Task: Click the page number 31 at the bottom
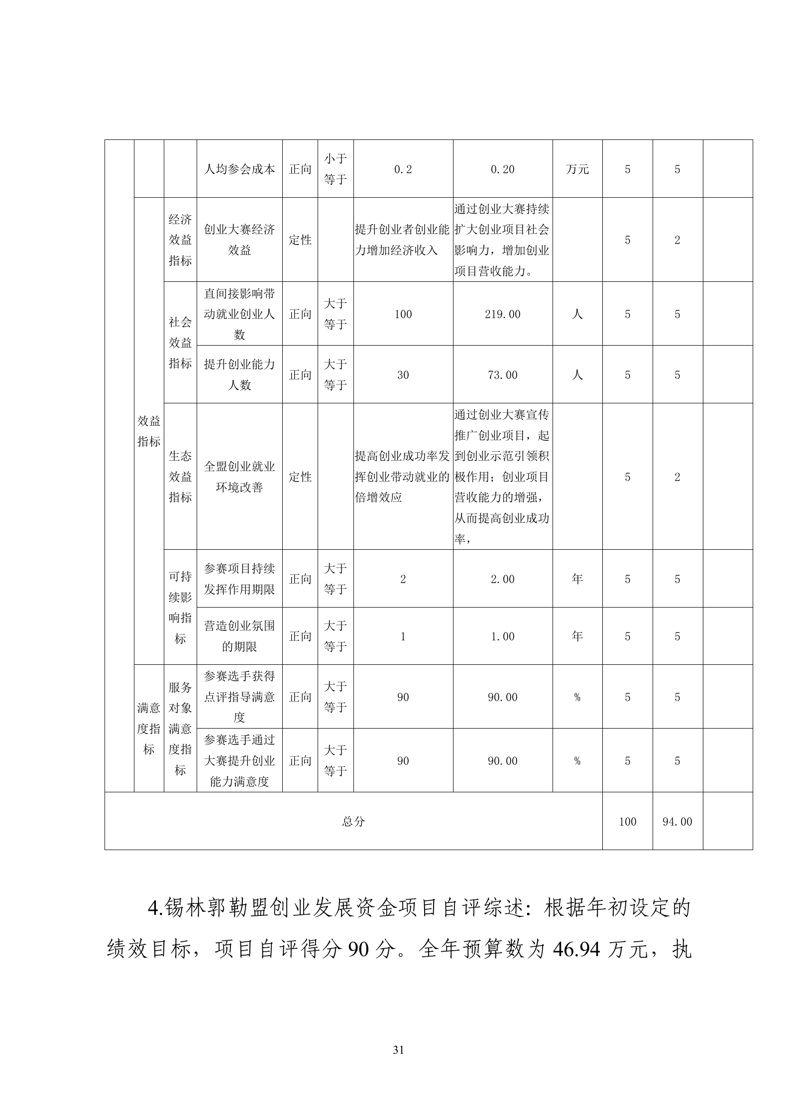(x=398, y=1050)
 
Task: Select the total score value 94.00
(x=677, y=822)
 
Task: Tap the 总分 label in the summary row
(x=353, y=822)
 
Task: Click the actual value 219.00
(x=502, y=314)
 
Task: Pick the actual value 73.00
(x=502, y=375)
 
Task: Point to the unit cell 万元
(x=577, y=169)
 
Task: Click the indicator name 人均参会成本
(x=239, y=169)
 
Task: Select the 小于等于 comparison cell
(x=335, y=169)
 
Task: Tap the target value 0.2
(x=403, y=169)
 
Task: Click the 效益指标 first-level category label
(x=149, y=431)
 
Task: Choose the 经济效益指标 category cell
(x=180, y=240)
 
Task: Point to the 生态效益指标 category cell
(x=180, y=477)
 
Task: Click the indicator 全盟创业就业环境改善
(x=239, y=477)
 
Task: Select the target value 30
(x=403, y=375)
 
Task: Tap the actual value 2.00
(x=502, y=579)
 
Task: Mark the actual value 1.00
(x=502, y=636)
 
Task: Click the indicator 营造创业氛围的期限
(x=239, y=636)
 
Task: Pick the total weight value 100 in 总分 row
(x=627, y=822)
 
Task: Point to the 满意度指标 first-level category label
(x=149, y=729)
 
